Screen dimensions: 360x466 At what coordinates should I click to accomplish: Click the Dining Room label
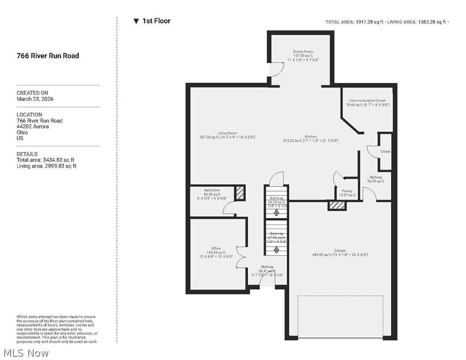click(x=303, y=52)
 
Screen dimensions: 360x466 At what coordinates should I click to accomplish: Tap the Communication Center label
click(x=368, y=100)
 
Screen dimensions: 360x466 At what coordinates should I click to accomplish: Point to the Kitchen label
click(x=311, y=137)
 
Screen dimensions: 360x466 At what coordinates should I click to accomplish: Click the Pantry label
click(x=347, y=191)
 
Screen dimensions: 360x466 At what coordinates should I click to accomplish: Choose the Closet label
click(x=386, y=152)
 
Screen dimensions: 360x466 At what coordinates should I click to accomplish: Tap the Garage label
click(x=340, y=250)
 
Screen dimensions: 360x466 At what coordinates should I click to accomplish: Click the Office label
click(x=216, y=248)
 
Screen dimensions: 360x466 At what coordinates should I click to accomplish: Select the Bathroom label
click(x=212, y=190)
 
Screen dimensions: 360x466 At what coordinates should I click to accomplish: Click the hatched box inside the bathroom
click(x=239, y=193)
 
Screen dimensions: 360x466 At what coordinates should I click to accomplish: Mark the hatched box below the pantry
click(x=337, y=205)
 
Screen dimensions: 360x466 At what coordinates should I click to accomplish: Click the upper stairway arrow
click(x=276, y=212)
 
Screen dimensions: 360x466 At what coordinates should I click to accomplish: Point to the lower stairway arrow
click(x=276, y=249)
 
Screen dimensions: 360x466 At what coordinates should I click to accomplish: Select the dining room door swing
click(x=277, y=69)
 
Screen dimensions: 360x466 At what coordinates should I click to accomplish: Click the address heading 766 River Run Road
click(x=48, y=56)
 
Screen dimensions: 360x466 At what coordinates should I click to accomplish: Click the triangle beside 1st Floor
click(x=136, y=21)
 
